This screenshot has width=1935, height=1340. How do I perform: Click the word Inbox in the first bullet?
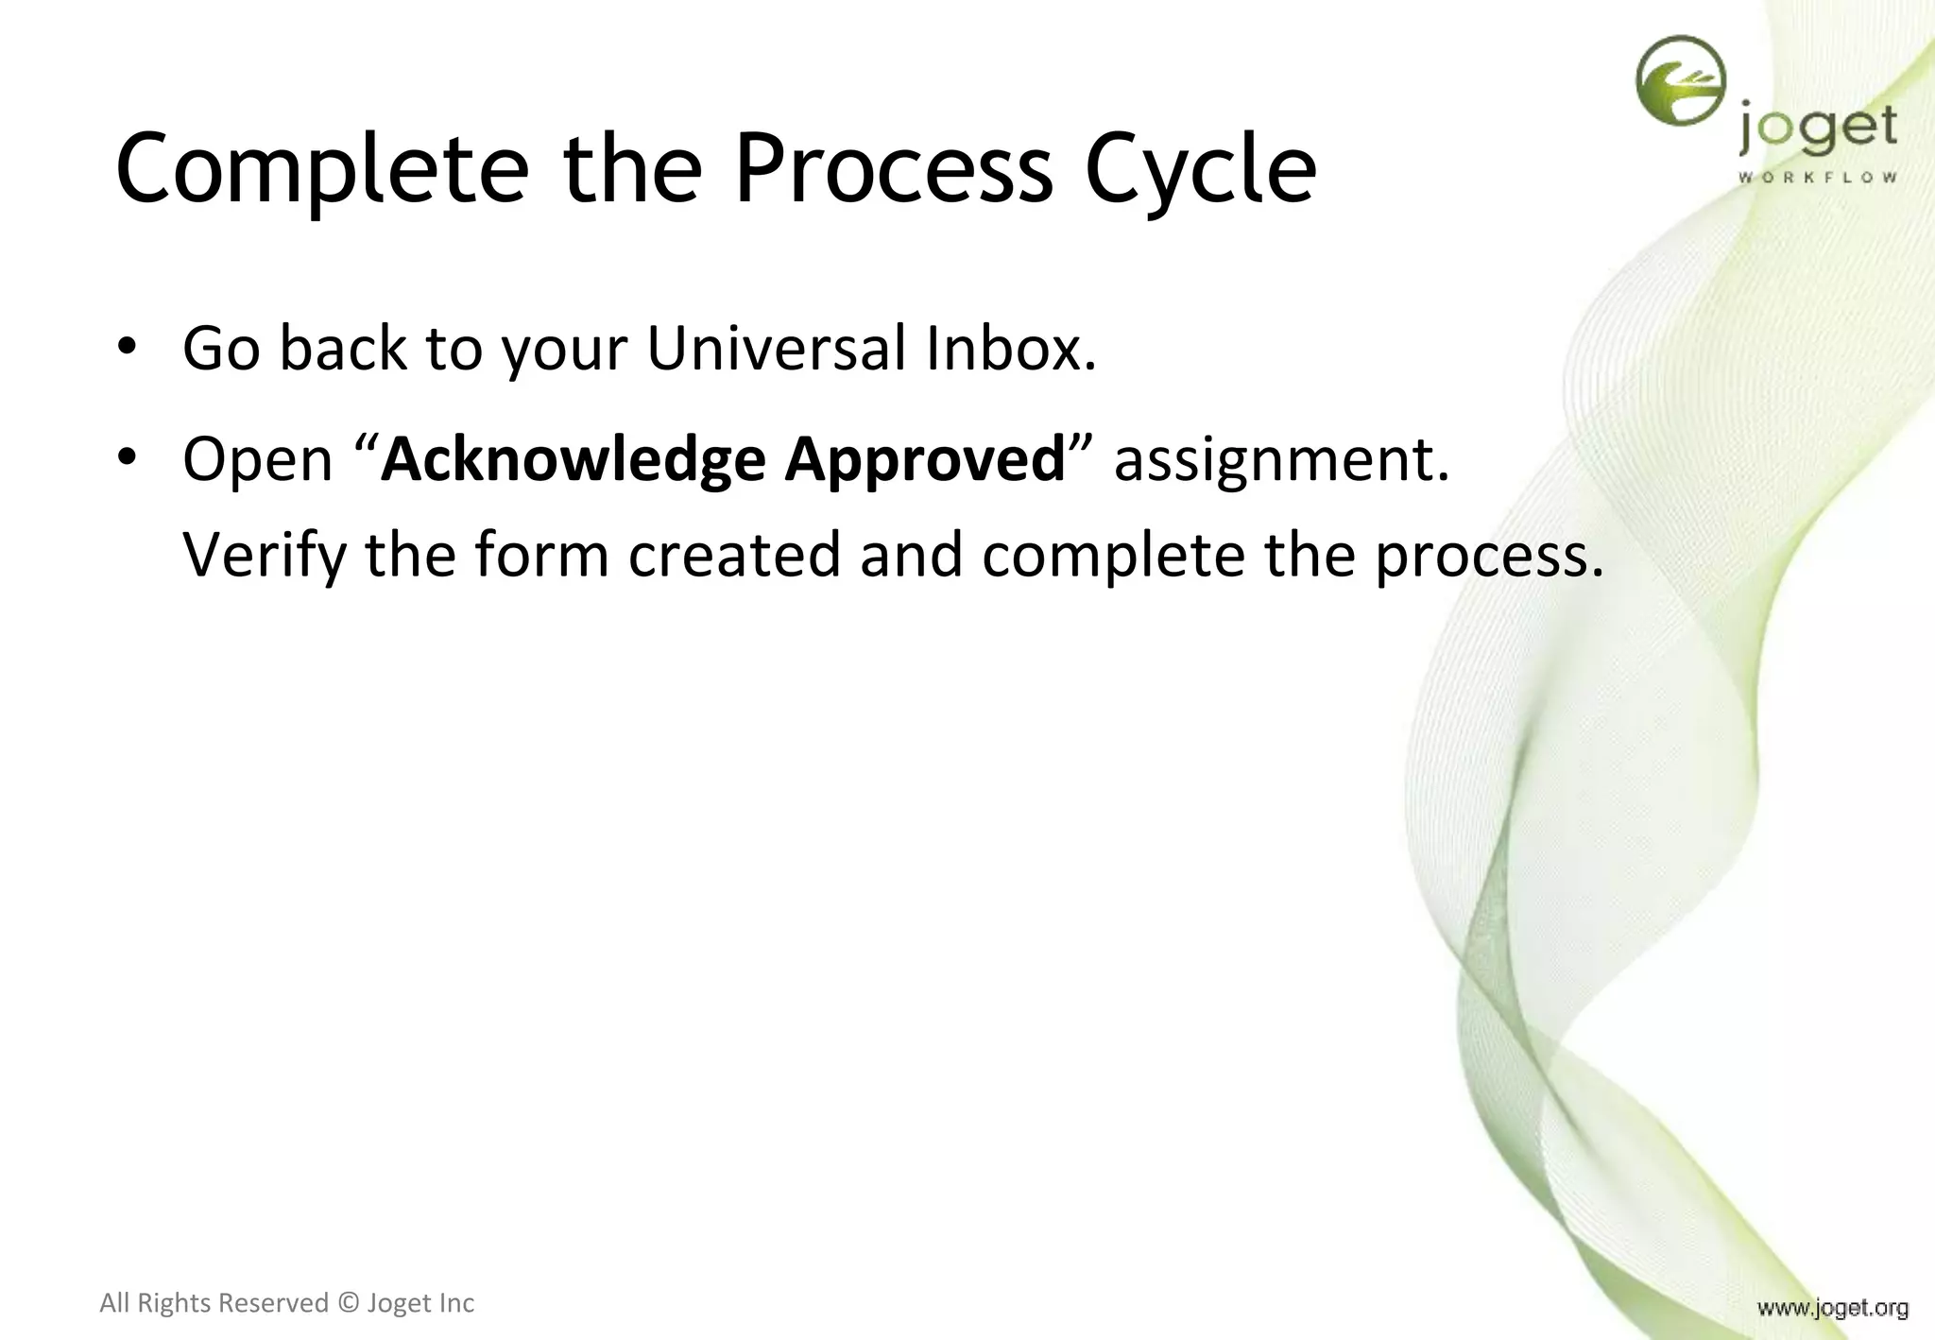(x=1010, y=348)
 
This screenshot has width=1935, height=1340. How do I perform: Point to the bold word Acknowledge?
(x=573, y=460)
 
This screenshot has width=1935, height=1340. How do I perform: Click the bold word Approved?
(x=926, y=460)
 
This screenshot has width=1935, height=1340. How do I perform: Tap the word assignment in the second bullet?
(x=1280, y=460)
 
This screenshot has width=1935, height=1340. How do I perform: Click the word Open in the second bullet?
(x=257, y=460)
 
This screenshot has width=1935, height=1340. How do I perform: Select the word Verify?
(x=265, y=556)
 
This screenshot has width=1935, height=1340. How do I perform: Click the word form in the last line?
(x=541, y=555)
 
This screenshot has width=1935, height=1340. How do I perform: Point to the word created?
(x=734, y=555)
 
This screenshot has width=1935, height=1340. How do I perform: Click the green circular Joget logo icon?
(x=1680, y=81)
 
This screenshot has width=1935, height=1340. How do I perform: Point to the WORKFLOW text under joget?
(x=1817, y=178)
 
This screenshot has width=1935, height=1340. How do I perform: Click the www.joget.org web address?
(x=1832, y=1308)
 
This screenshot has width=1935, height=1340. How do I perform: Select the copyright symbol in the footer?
(x=348, y=1303)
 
